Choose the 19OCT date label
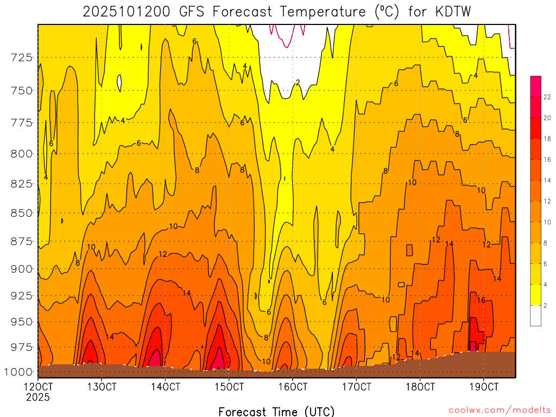pos(483,387)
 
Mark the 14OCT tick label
pos(165,387)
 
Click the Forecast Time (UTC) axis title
pos(276,411)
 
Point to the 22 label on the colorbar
pos(547,97)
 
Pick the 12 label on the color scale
pos(547,201)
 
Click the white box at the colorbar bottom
pos(535,315)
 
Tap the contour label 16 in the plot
pos(481,300)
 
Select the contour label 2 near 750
pos(298,83)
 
